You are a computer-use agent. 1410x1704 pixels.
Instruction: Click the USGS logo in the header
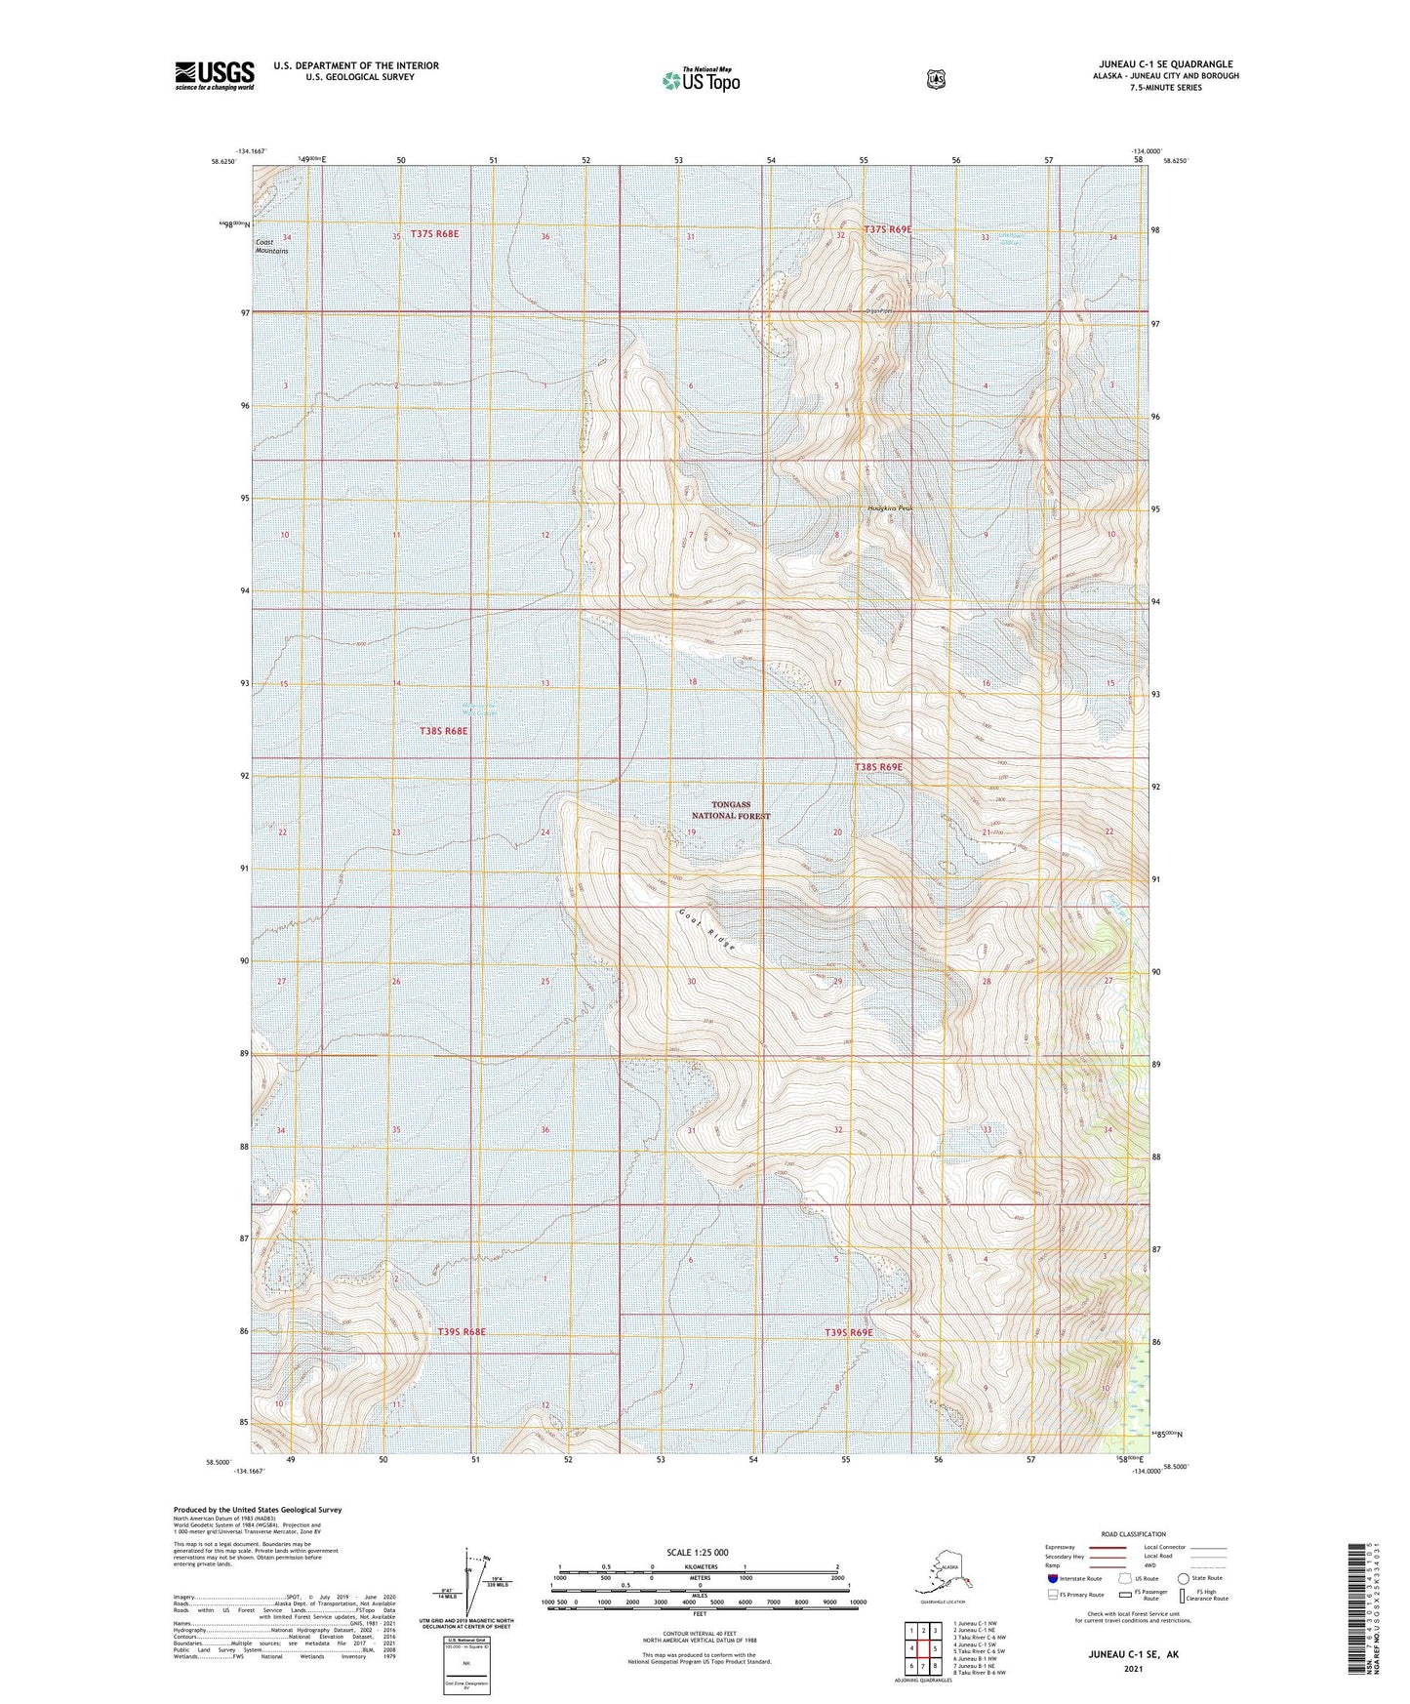(215, 75)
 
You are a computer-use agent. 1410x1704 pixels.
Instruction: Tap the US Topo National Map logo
(700, 79)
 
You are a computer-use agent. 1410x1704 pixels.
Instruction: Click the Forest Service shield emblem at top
(935, 79)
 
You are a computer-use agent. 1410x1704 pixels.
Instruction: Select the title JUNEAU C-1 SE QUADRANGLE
(1165, 64)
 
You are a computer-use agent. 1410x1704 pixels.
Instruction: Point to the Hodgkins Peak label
(890, 508)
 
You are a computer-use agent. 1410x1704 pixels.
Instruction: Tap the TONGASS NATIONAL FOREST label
(731, 810)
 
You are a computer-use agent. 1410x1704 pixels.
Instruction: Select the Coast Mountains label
(271, 246)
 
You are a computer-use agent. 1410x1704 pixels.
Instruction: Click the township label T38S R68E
(444, 730)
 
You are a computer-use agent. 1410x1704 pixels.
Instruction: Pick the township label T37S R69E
(887, 229)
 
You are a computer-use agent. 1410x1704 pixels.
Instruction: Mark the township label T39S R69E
(848, 1332)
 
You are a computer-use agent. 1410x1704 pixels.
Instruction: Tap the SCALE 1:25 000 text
(698, 1552)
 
